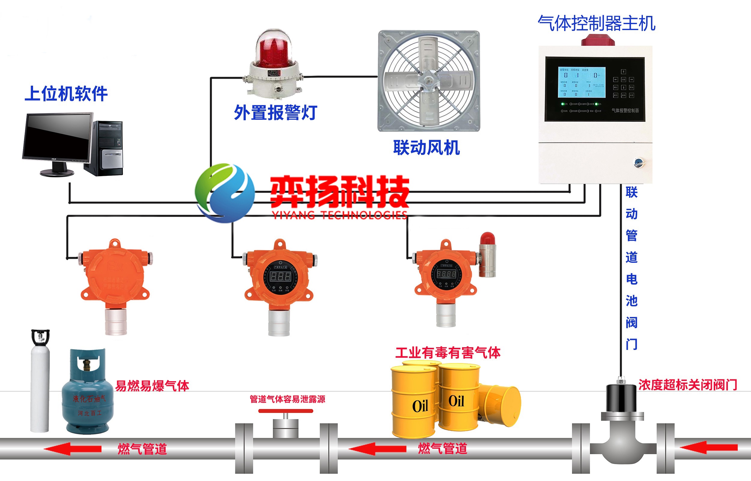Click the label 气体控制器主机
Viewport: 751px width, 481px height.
pos(596,23)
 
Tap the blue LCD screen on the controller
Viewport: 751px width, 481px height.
pos(582,82)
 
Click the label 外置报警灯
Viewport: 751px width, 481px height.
pos(275,113)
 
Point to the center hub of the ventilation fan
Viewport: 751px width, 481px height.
pos(428,81)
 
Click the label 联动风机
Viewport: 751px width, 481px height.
pos(426,148)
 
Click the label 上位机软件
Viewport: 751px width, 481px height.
pos(66,94)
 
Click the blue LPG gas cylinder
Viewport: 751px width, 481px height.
pos(87,397)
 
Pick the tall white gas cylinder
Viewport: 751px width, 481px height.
pos(40,384)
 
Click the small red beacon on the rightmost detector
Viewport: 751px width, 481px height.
pos(487,239)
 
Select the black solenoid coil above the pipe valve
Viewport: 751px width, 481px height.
pos(621,398)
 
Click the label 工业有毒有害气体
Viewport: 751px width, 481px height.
pos(448,353)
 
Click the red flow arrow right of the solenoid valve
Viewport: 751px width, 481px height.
pos(708,448)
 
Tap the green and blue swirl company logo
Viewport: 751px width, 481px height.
pos(225,193)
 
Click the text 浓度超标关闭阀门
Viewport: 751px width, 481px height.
pos(687,385)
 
